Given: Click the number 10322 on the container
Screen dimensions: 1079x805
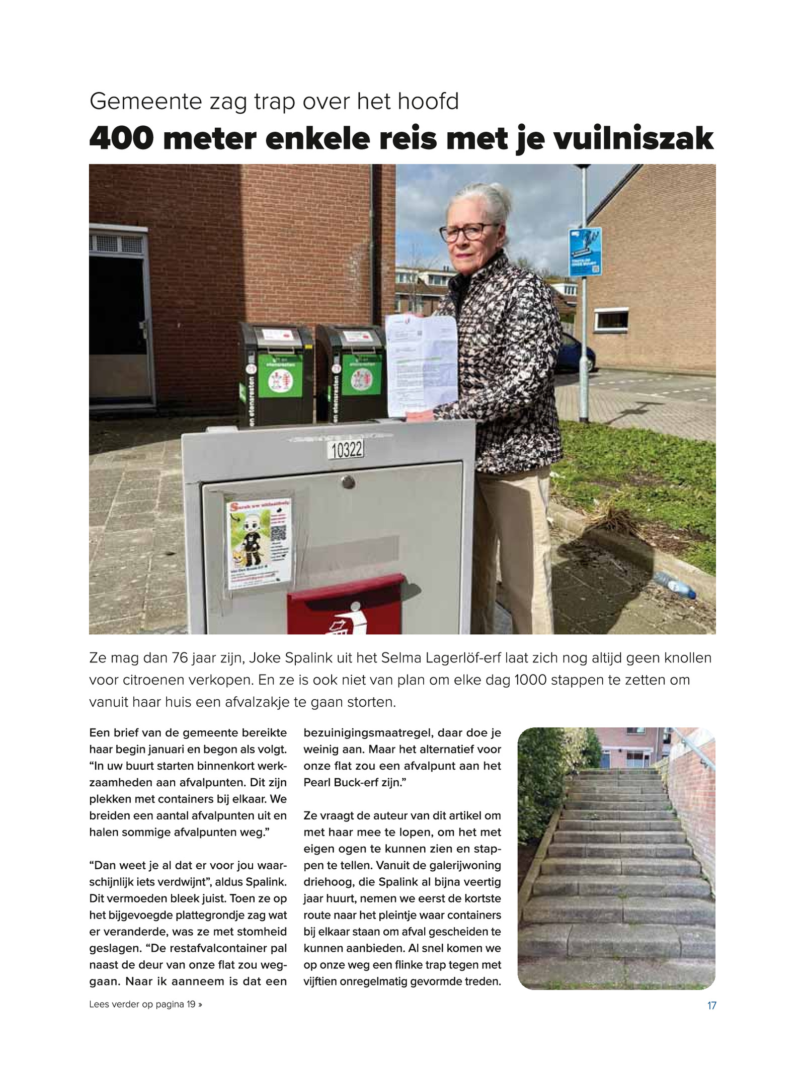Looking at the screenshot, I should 347,449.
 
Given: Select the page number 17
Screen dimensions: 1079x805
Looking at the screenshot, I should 711,1006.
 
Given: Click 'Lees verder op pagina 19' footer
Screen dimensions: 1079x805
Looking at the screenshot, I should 145,1004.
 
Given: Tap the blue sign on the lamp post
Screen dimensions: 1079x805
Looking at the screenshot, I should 585,252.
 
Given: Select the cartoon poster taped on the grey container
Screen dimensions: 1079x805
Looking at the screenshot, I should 259,543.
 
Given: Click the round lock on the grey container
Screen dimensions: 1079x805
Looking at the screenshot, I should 348,482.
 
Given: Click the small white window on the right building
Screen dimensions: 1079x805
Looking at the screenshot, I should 611,320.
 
